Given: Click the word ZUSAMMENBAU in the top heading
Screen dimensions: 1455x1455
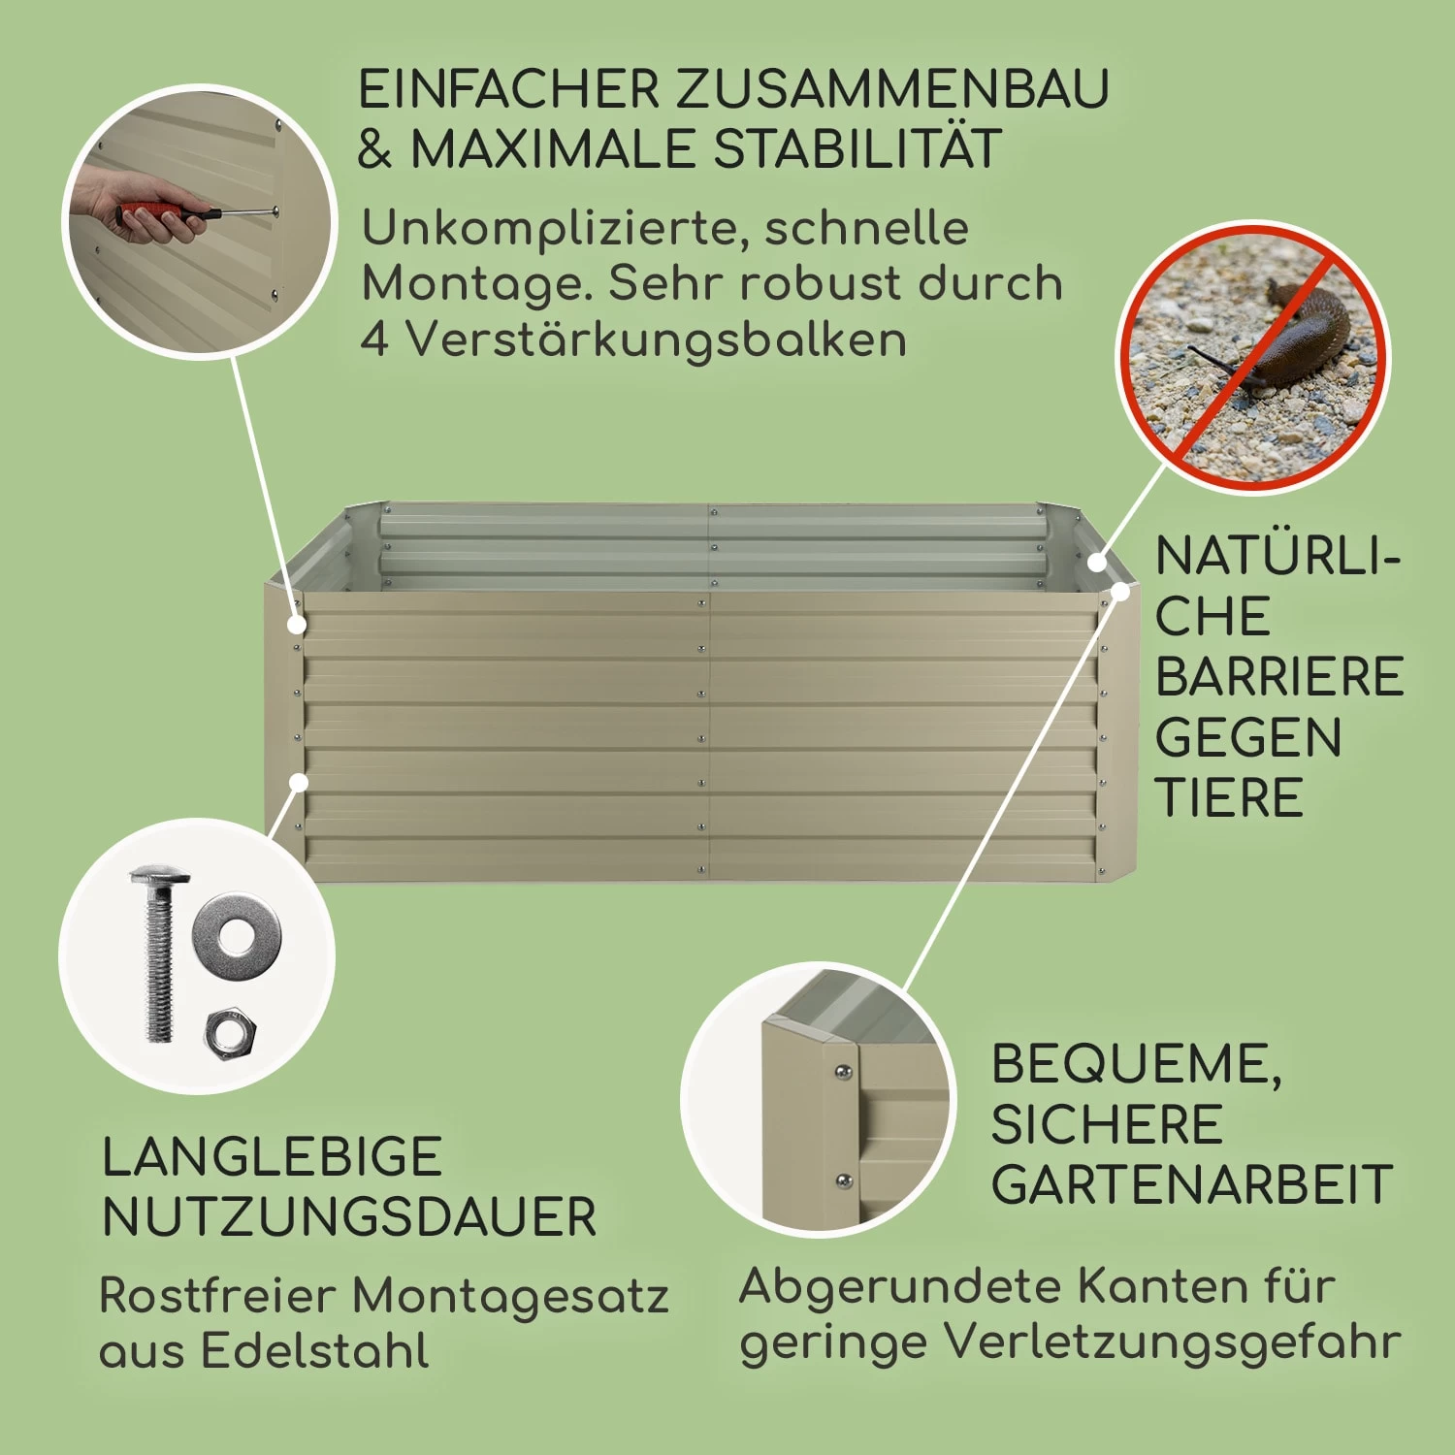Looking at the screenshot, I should coord(891,89).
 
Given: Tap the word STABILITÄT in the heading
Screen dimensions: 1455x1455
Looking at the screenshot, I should coord(857,149).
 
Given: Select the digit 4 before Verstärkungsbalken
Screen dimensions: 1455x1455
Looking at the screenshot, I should coord(374,339).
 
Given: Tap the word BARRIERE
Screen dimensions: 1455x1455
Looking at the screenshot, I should coord(1279,677).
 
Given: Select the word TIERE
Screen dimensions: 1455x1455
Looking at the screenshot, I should coord(1229,798).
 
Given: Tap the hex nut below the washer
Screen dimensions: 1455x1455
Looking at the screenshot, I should coord(231,1033).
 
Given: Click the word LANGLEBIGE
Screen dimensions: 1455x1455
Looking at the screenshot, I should coord(273,1157).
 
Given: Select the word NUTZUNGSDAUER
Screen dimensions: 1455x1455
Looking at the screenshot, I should coord(349,1217).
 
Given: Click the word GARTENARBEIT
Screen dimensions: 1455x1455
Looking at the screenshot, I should coord(1192,1184).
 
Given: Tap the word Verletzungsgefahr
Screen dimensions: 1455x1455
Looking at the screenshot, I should coord(1173,1344).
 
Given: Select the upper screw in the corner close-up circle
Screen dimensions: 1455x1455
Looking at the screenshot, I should coord(844,1072).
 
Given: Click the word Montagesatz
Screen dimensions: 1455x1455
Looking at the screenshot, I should coord(510,1297).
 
